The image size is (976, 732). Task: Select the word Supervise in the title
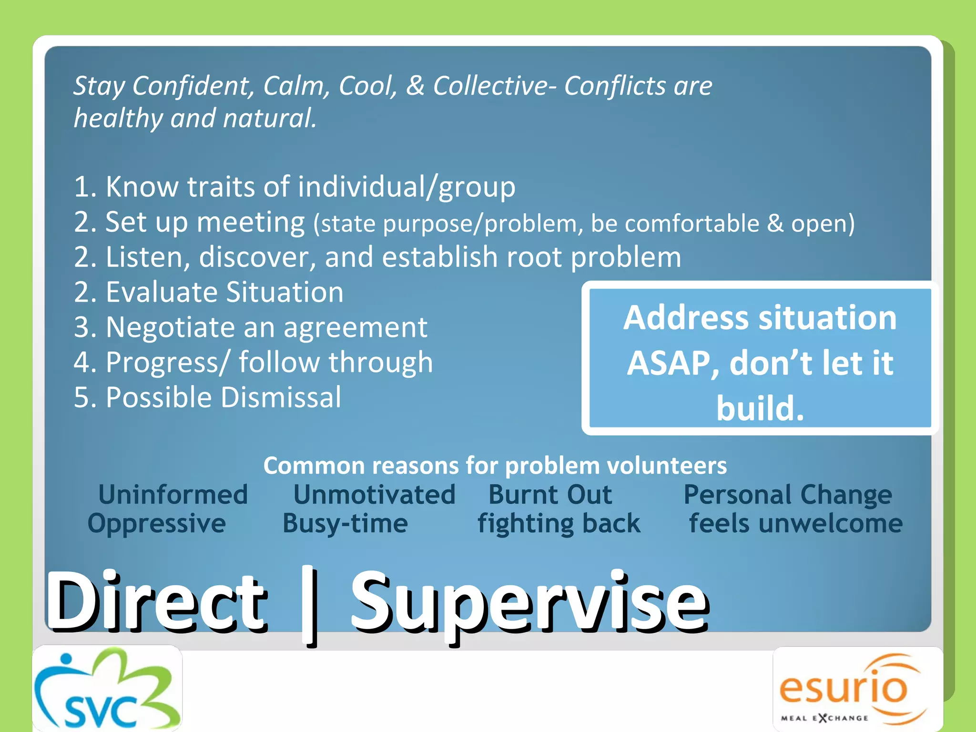pos(529,603)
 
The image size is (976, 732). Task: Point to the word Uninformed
pos(173,494)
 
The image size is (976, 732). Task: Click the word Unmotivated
pos(374,494)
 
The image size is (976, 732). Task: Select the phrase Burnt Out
pos(550,494)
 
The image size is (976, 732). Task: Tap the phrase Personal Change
pos(787,495)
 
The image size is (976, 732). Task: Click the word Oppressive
pos(156,524)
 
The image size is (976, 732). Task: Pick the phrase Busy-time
pos(345,524)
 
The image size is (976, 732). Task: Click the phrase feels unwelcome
pos(795,523)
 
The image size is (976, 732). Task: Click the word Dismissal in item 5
pos(281,397)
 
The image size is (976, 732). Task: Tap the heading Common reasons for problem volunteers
pos(495,465)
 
